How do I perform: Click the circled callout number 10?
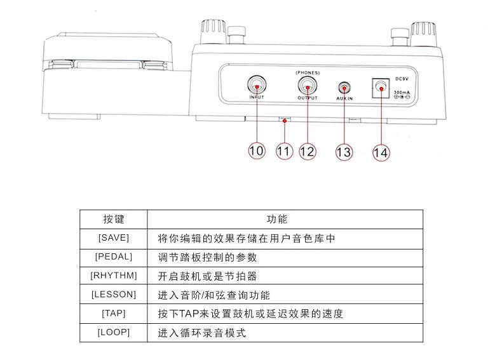256,151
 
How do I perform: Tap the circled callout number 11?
283,151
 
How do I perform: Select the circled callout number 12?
307,151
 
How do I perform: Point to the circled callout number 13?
343,152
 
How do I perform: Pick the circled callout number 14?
381,152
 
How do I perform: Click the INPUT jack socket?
256,84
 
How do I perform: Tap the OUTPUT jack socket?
307,85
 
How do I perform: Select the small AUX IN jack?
344,87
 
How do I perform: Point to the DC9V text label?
401,79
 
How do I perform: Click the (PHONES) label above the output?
308,72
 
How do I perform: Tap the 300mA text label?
401,93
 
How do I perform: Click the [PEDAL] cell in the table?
114,257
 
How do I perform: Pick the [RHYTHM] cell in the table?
114,276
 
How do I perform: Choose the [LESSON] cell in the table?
114,295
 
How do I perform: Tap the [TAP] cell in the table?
114,314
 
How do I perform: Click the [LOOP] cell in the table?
114,333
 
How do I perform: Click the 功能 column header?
277,219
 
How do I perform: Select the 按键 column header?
114,219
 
